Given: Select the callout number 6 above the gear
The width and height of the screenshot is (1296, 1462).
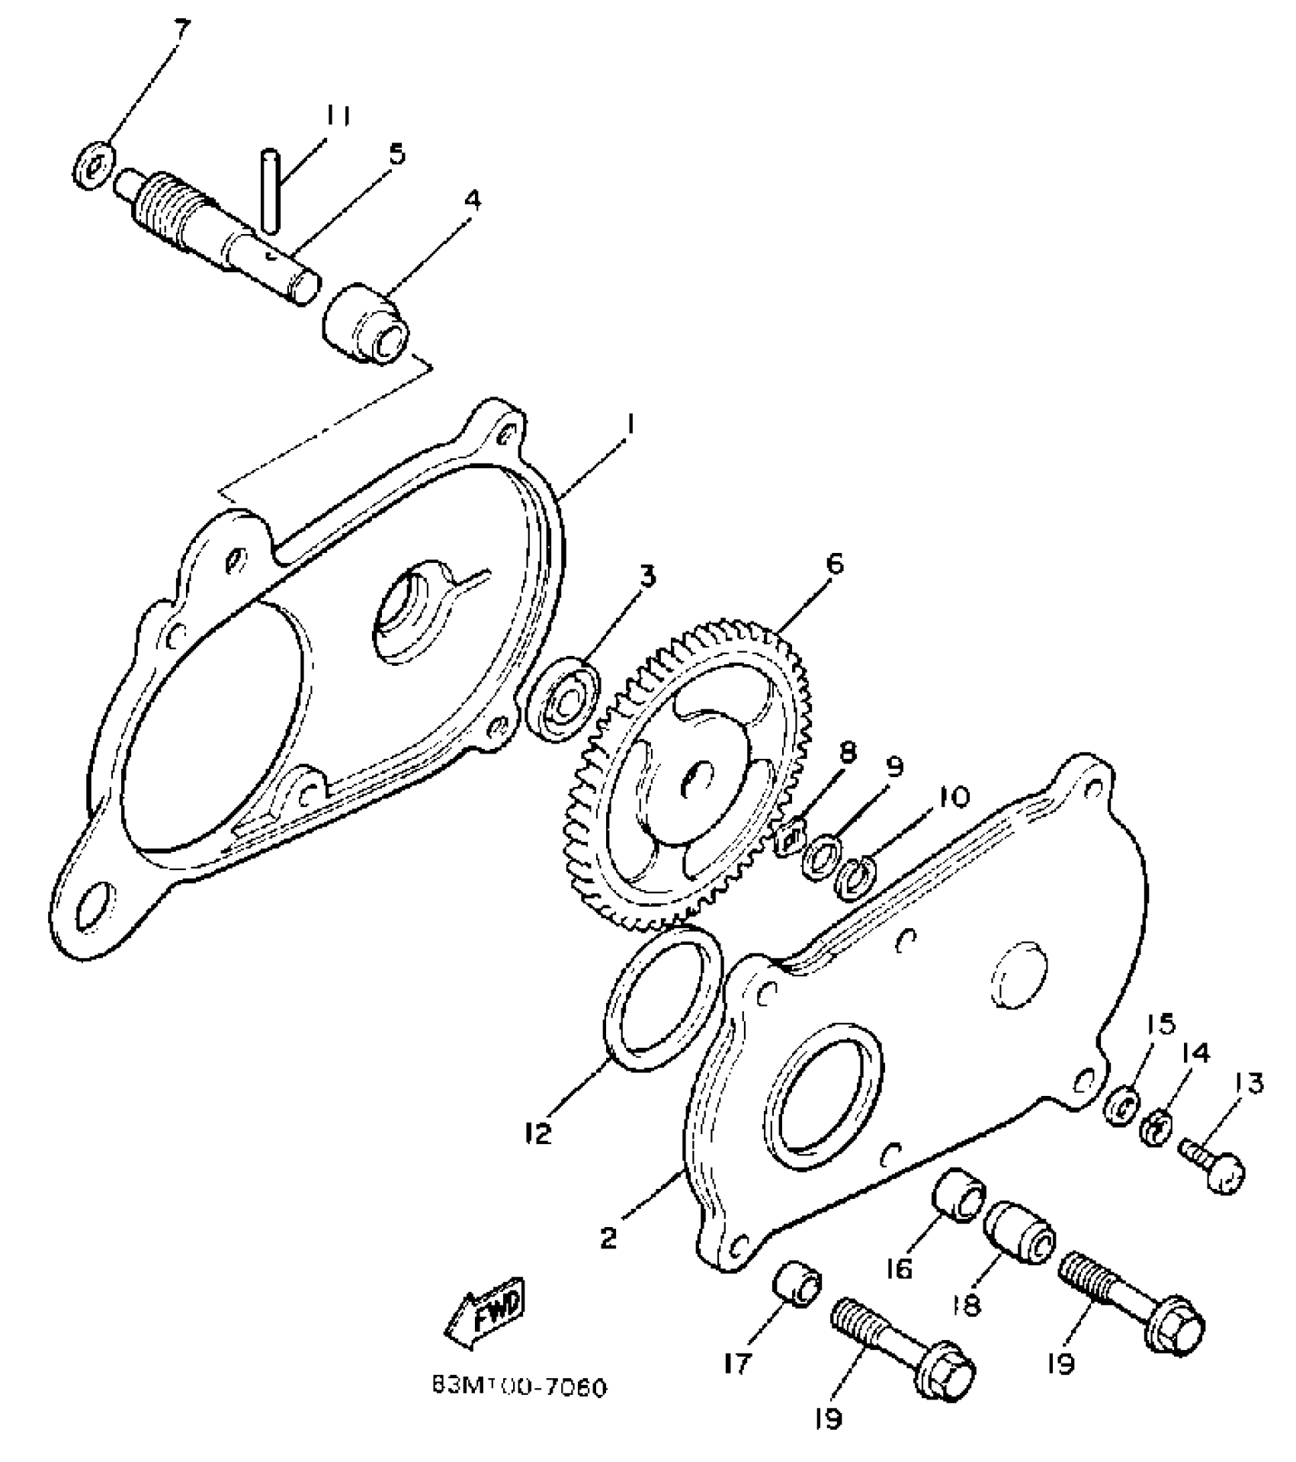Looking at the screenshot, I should click(x=834, y=565).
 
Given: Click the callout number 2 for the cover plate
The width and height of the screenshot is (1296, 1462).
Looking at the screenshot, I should click(x=608, y=1237).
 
